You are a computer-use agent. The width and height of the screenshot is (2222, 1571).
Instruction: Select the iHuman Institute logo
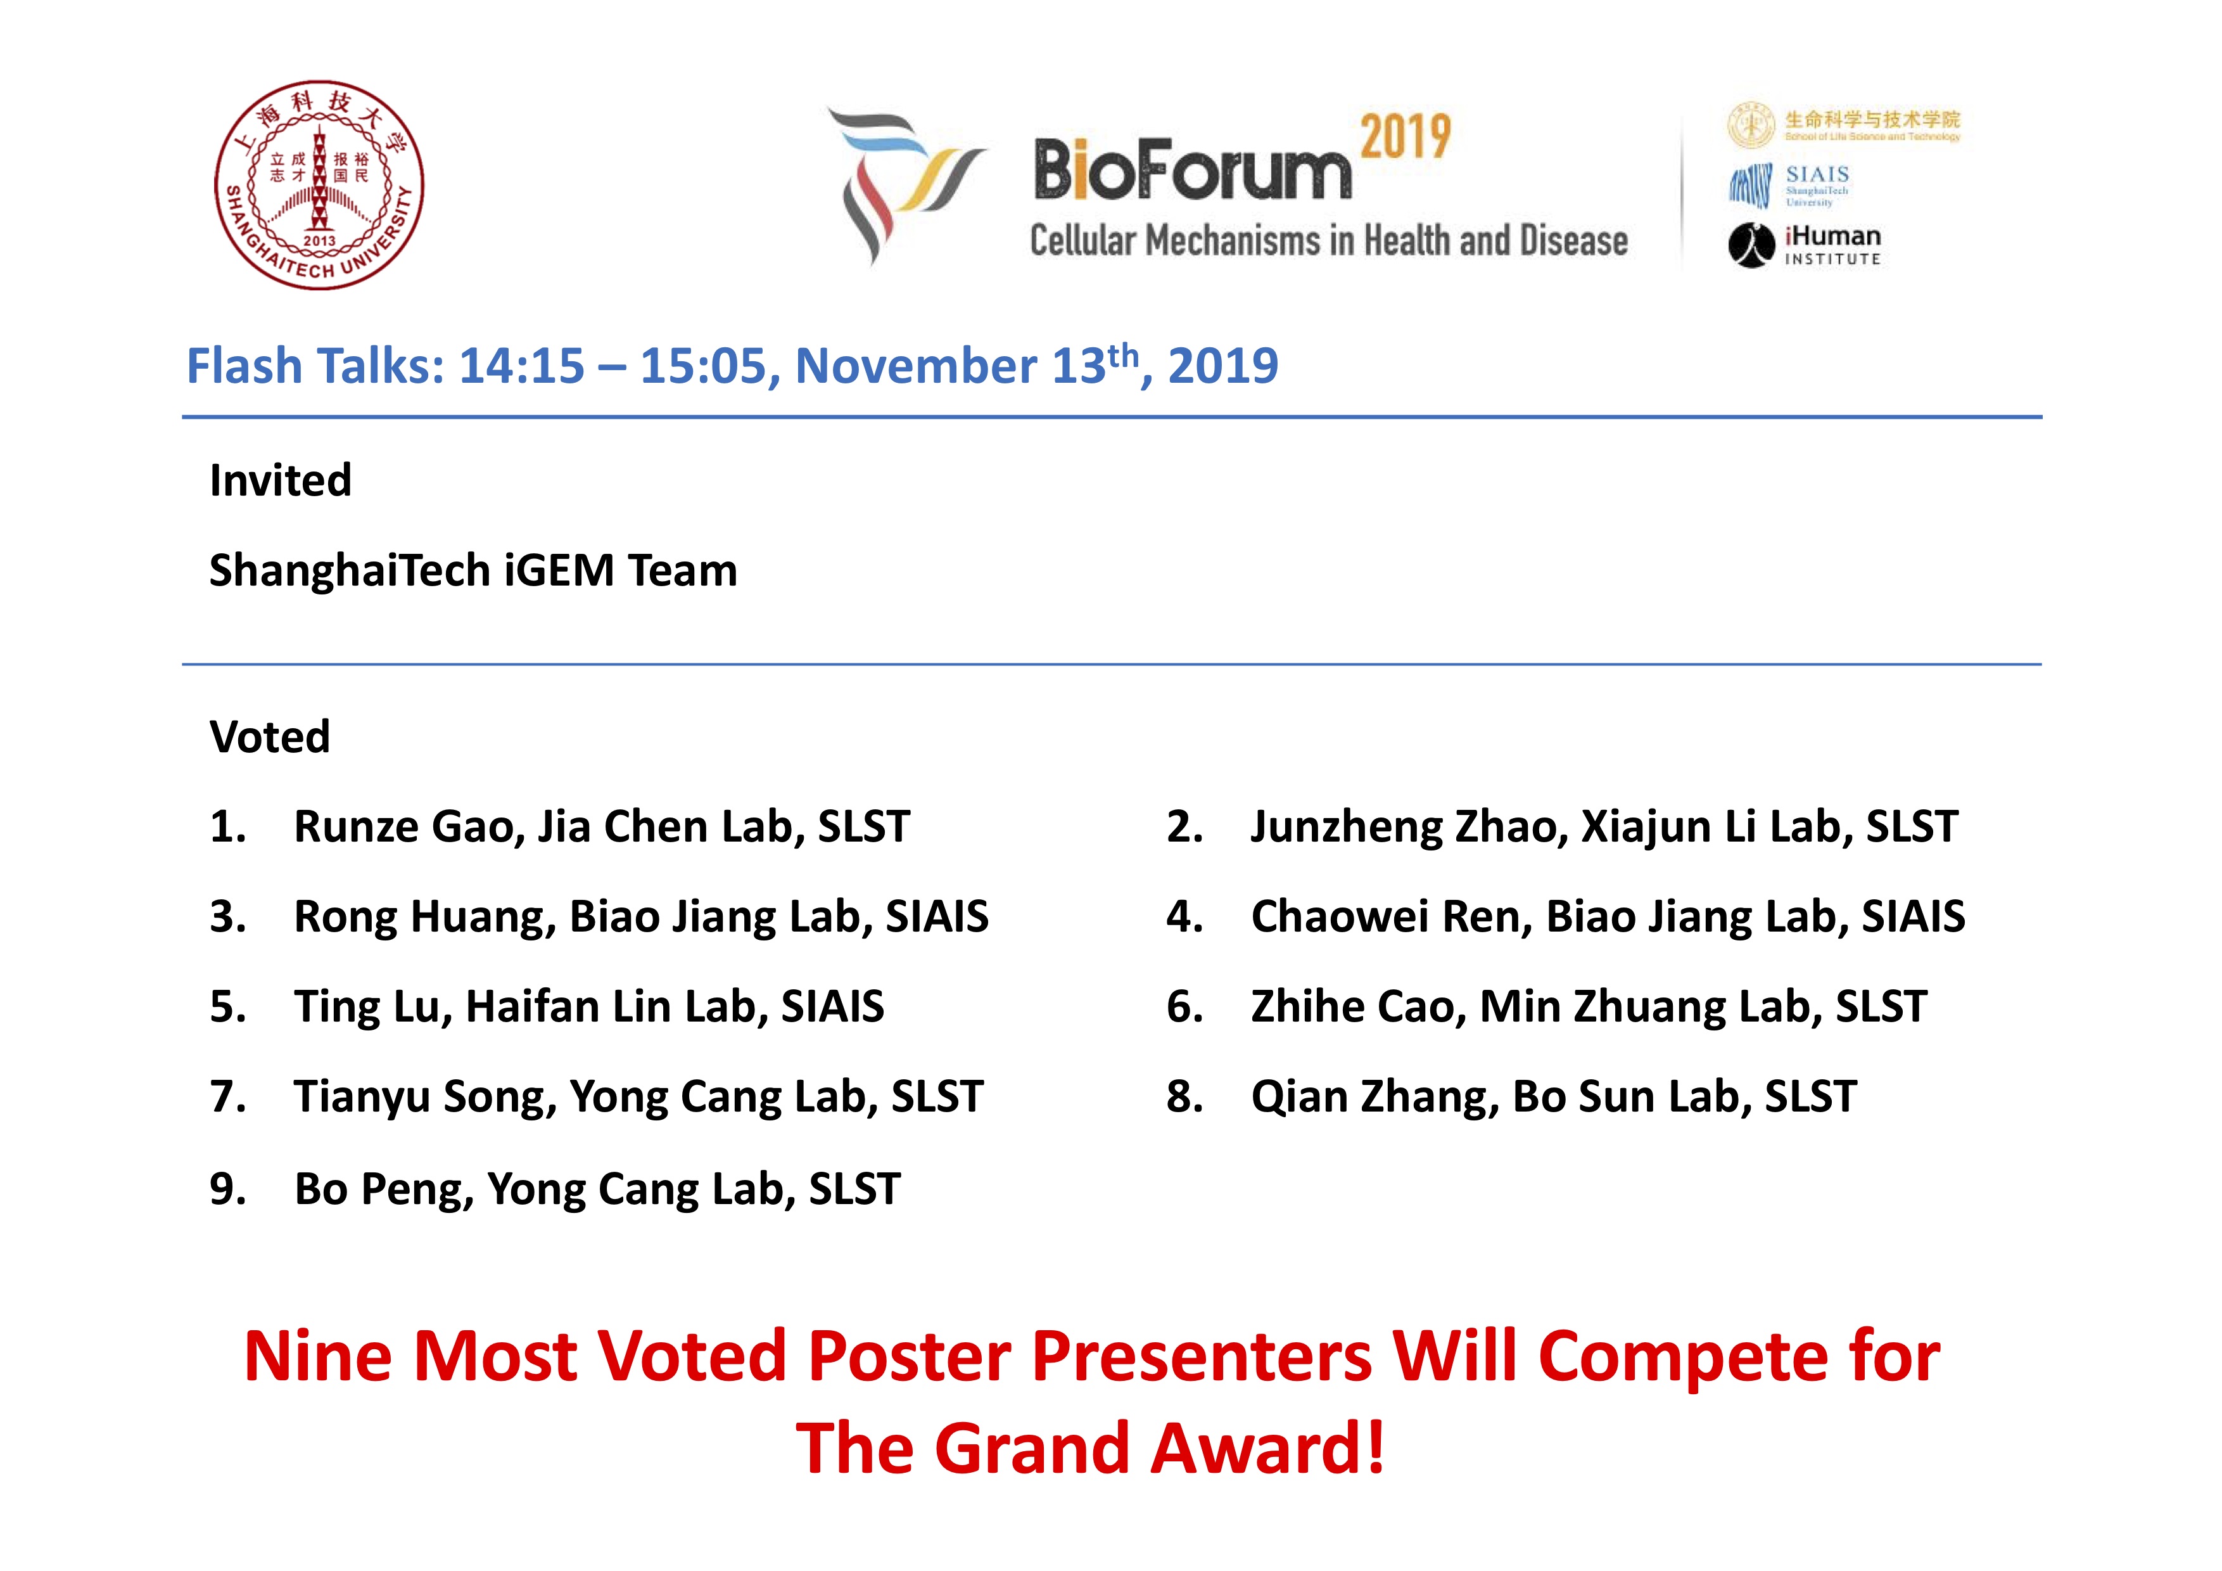coord(1804,245)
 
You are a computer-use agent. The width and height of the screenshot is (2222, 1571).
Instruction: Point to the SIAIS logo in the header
coord(1791,185)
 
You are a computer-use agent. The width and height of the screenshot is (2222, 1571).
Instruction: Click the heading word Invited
coord(281,480)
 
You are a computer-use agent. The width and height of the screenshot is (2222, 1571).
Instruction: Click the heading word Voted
coord(270,736)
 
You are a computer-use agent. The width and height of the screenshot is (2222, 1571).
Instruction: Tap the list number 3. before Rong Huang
coord(229,916)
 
